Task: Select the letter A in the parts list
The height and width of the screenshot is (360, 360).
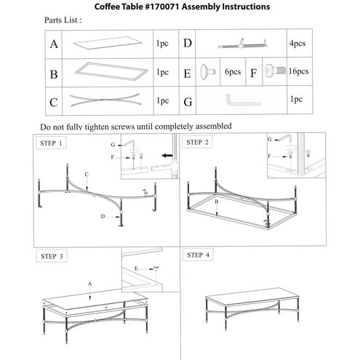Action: point(54,44)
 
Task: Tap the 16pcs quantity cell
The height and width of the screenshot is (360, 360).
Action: point(298,71)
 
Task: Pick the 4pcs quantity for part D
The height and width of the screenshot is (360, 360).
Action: point(297,44)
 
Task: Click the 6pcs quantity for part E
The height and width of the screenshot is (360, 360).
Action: point(233,72)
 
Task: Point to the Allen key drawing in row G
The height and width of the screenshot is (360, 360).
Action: point(243,100)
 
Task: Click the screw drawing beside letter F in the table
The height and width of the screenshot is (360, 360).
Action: point(275,71)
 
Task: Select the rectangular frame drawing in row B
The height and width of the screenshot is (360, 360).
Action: point(111,71)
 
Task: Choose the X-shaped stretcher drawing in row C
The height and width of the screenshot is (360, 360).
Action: point(105,100)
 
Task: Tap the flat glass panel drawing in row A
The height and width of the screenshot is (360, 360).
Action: point(107,43)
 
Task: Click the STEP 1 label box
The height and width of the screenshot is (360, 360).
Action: point(51,143)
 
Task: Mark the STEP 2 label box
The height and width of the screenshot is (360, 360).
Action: point(197,143)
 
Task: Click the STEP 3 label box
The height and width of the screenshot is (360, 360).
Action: point(52,256)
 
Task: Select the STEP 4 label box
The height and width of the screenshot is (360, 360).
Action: point(198,255)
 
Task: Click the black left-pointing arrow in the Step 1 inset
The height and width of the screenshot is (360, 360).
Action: point(167,156)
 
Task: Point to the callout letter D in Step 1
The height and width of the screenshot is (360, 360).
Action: point(103,216)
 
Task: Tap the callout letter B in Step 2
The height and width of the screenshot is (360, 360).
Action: point(217,201)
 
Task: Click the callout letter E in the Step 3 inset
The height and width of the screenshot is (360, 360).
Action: point(136,268)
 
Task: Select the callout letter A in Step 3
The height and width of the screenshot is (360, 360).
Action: point(90,284)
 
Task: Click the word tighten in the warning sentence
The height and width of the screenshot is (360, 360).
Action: point(97,127)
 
